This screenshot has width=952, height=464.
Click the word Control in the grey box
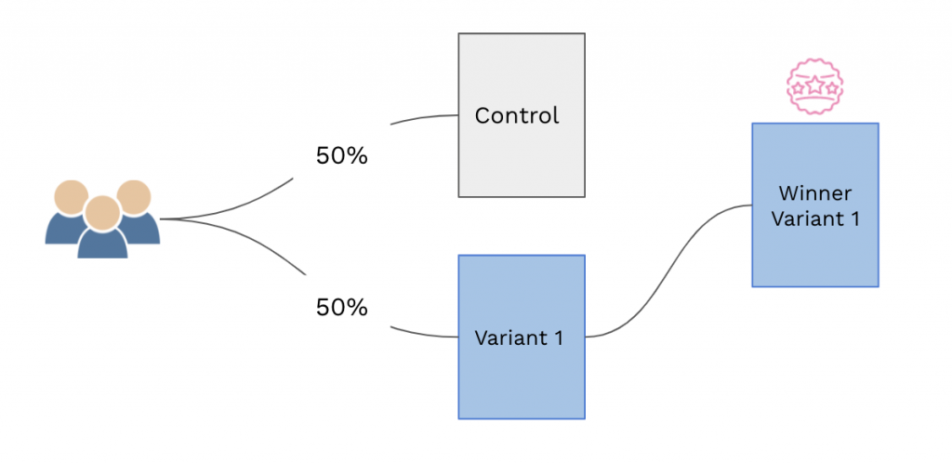(517, 116)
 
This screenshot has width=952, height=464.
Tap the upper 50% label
(342, 156)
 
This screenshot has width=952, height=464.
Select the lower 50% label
(342, 307)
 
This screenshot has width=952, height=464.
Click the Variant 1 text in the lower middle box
(519, 338)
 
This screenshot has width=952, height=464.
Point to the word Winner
(815, 194)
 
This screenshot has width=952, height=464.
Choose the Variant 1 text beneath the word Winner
(815, 219)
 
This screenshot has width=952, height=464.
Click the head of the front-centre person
(101, 210)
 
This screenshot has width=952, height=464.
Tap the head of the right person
(132, 196)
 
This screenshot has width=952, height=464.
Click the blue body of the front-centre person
(101, 244)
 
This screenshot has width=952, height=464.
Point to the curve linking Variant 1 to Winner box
(669, 270)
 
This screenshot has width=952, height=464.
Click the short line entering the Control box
(423, 117)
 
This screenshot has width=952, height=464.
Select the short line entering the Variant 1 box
(423, 334)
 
